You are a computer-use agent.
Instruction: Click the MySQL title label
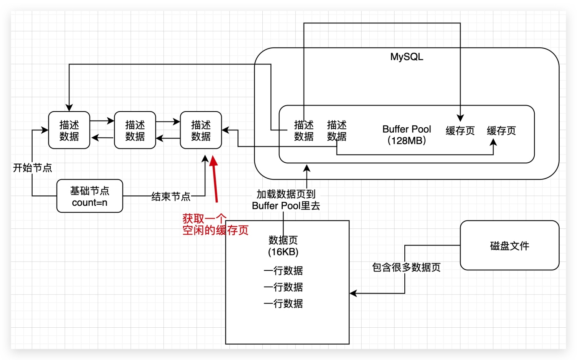point(407,57)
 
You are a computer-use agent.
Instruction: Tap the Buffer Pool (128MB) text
point(407,135)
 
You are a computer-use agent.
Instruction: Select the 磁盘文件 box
point(509,245)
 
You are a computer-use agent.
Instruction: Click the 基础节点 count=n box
point(90,196)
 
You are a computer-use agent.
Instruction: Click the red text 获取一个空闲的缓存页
point(215,225)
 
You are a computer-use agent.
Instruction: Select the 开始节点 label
point(32,168)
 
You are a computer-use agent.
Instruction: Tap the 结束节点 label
point(171,197)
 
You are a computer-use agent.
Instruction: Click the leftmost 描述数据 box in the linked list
point(69,130)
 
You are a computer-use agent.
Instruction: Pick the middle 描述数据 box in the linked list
point(135,130)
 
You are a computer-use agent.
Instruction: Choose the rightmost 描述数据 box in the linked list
point(201,130)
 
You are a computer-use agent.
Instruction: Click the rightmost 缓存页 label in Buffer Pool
point(501,131)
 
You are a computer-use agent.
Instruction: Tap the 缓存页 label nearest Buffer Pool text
point(460,131)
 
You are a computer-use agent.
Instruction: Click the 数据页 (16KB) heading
point(283,246)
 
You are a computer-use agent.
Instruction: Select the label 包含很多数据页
point(406,267)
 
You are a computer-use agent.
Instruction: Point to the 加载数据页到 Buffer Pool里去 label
point(286,200)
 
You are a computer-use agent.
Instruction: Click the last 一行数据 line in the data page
point(283,304)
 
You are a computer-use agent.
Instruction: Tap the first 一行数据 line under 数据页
point(283,271)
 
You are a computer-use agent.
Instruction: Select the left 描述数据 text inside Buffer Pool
point(304,131)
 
